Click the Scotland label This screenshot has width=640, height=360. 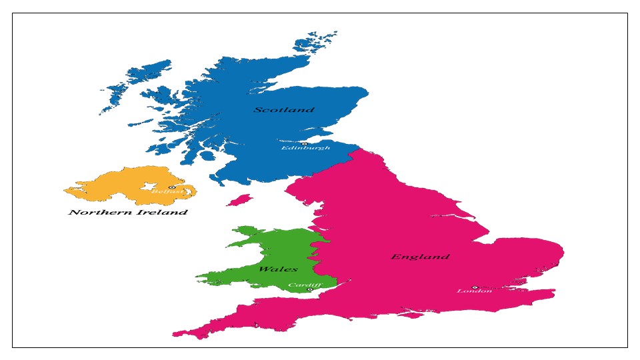(284, 109)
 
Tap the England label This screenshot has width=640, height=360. (420, 257)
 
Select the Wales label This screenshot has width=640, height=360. (278, 269)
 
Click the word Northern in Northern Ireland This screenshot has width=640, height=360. (96, 213)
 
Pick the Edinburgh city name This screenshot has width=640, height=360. (305, 148)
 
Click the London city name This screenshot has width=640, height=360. (474, 291)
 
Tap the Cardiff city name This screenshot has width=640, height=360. (304, 285)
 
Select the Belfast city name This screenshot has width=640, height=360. (164, 192)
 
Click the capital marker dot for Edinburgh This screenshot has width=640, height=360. (305, 143)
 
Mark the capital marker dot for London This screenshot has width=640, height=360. (475, 287)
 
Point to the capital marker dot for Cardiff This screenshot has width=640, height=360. (309, 289)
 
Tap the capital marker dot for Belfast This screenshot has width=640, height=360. (171, 187)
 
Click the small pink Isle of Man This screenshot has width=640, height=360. (239, 199)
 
